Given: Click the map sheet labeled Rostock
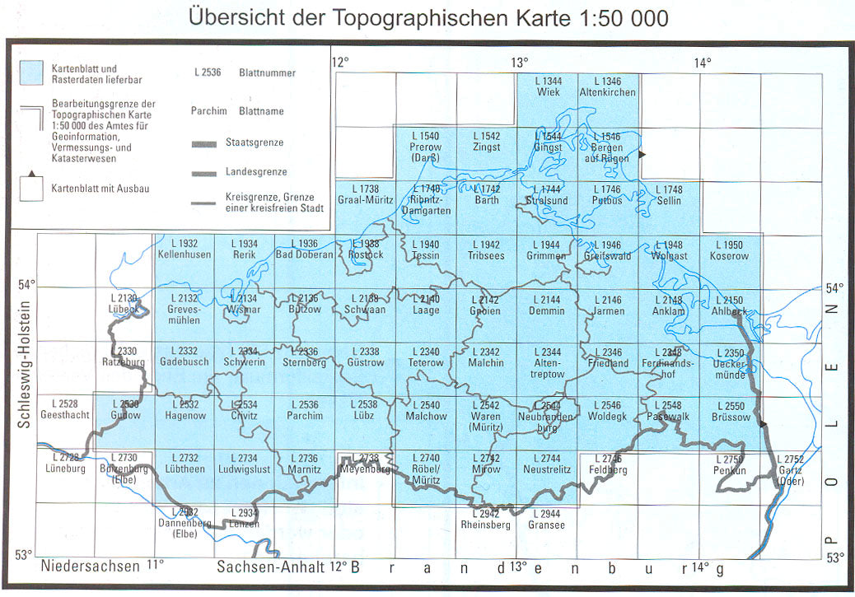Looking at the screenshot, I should click(365, 250).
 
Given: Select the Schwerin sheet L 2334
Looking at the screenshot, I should click(244, 357).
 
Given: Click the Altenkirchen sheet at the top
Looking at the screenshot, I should click(608, 87).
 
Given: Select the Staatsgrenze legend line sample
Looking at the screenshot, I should click(205, 143).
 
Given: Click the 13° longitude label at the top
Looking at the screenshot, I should click(519, 63).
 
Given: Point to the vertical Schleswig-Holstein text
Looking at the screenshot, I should click(24, 361).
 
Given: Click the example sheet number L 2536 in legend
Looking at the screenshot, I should click(208, 73).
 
